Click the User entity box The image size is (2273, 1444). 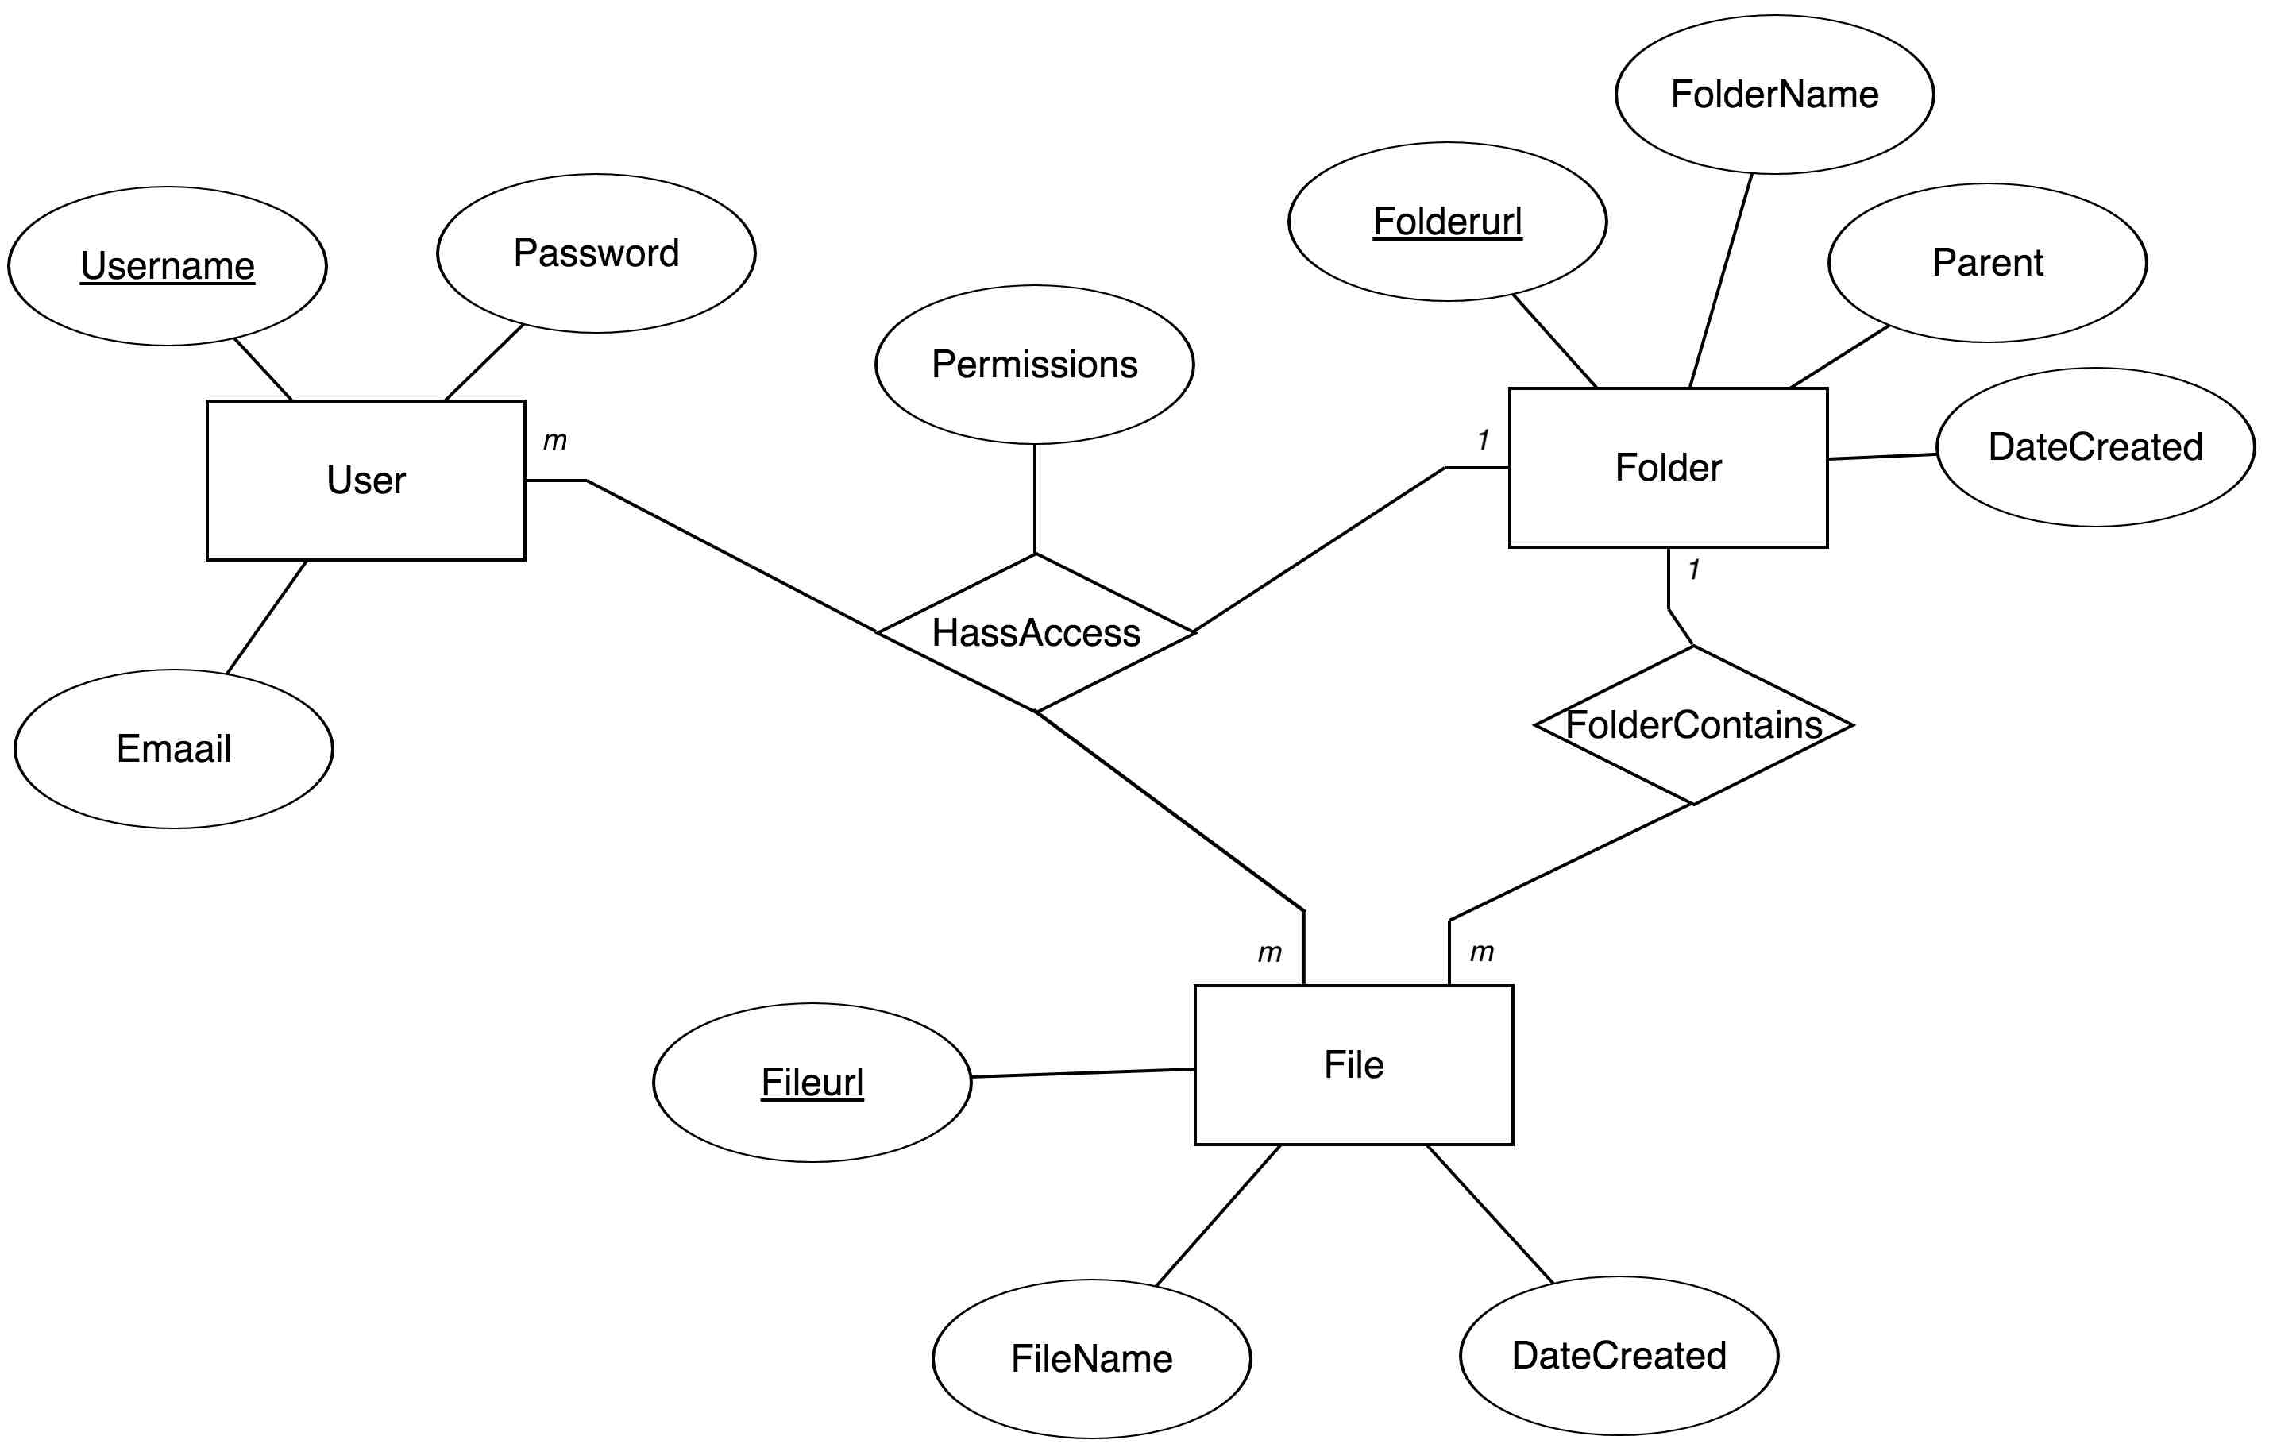coord(365,481)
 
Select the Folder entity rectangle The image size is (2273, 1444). coord(1668,467)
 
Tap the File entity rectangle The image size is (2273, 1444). coord(1353,1064)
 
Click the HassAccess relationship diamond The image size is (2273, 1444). coord(1036,632)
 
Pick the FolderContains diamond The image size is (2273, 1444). coord(1693,725)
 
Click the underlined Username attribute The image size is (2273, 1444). coord(167,266)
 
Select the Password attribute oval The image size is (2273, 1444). coord(596,253)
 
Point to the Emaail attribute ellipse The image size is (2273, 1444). coord(174,748)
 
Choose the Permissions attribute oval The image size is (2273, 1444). coord(1035,365)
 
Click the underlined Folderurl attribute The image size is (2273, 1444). coord(1447,222)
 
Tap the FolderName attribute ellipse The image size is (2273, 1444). coord(1773,95)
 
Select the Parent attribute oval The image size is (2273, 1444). coord(1987,262)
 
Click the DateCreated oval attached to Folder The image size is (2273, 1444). coord(2094,446)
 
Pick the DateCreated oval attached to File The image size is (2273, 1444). coord(1619,1355)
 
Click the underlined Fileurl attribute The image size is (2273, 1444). coord(812,1083)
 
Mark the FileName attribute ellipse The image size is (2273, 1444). coord(1091,1359)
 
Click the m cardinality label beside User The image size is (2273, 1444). coord(555,440)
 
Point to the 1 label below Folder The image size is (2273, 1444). coord(1693,569)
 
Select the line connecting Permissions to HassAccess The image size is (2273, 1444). coord(1035,498)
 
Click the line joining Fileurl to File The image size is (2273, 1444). coord(1082,1073)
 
